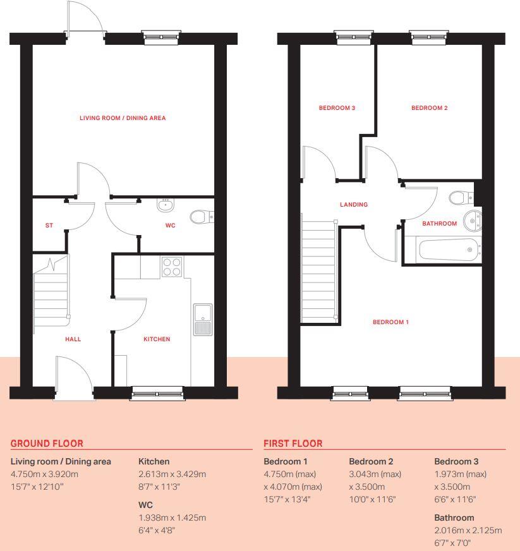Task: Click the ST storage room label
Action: pyautogui.click(x=49, y=226)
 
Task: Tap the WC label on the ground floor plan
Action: pyautogui.click(x=170, y=226)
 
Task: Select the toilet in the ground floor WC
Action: pyautogui.click(x=202, y=217)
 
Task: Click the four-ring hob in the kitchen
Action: pyautogui.click(x=172, y=267)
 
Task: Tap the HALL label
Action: pyautogui.click(x=73, y=339)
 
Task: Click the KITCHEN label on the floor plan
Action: pyautogui.click(x=157, y=339)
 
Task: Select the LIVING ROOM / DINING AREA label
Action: pyautogui.click(x=123, y=118)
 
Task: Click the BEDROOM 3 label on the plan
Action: pyautogui.click(x=337, y=108)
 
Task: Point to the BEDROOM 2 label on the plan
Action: pyautogui.click(x=430, y=108)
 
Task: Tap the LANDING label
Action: pyautogui.click(x=354, y=205)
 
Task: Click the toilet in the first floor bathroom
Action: pyautogui.click(x=462, y=198)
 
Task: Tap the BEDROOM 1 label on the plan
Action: pyautogui.click(x=390, y=322)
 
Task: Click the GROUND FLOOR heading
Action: pyautogui.click(x=47, y=444)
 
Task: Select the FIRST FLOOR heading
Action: pyautogui.click(x=293, y=444)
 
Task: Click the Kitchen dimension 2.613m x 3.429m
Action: pyautogui.click(x=172, y=474)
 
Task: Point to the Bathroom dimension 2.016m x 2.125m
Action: pyautogui.click(x=468, y=530)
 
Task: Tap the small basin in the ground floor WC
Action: pyautogui.click(x=166, y=204)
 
